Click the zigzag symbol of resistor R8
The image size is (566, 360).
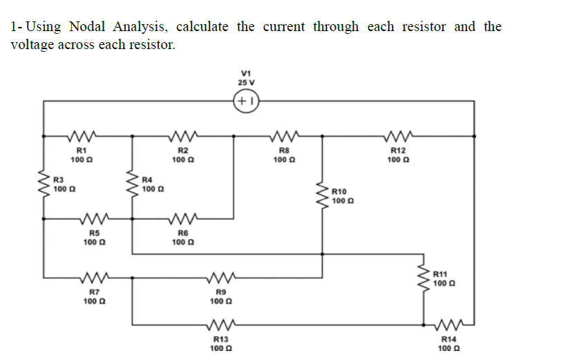click(x=283, y=135)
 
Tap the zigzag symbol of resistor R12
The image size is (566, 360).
click(x=397, y=135)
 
